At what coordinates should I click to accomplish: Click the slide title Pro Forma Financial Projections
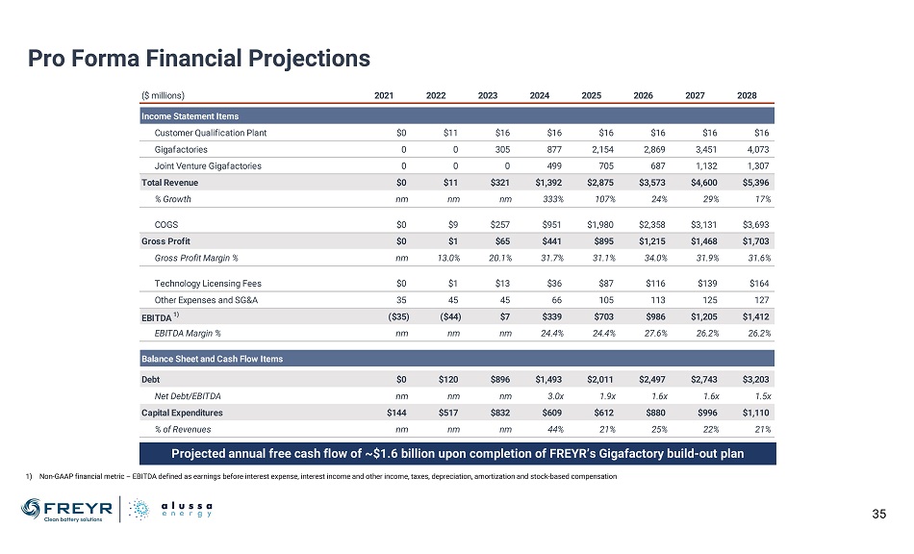(199, 59)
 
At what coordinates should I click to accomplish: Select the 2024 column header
(540, 95)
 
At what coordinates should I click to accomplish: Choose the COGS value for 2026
(642, 224)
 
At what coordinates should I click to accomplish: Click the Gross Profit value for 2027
(694, 240)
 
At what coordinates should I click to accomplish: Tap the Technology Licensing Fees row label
(208, 284)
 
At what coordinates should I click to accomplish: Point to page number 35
(877, 513)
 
